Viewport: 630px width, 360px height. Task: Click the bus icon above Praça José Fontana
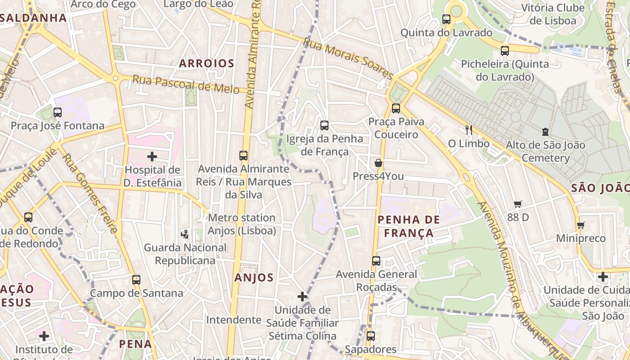click(x=58, y=112)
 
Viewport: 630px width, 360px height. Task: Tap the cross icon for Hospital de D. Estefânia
click(x=152, y=157)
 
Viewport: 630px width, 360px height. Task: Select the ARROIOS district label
click(x=207, y=63)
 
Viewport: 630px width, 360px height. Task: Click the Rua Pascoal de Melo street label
click(x=186, y=84)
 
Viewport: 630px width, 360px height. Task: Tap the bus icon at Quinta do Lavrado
click(x=446, y=19)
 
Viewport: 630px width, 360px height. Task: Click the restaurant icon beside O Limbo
click(x=469, y=130)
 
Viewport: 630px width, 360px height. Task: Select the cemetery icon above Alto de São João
click(x=545, y=132)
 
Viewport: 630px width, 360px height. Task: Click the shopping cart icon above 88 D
click(x=518, y=204)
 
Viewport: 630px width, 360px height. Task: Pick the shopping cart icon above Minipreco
click(x=581, y=225)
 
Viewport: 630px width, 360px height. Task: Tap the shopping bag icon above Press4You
click(x=378, y=163)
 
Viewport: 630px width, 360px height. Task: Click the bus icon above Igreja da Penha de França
click(x=324, y=126)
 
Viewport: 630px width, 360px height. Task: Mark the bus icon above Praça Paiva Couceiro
click(x=396, y=108)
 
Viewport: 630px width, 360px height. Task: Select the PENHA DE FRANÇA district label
click(x=409, y=226)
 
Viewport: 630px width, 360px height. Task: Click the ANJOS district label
click(x=254, y=278)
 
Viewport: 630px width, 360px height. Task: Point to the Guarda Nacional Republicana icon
click(x=185, y=234)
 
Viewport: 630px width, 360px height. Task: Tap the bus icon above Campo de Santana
click(x=136, y=280)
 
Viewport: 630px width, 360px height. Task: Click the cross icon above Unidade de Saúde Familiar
click(x=302, y=297)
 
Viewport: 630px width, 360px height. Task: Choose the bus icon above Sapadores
click(x=371, y=336)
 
